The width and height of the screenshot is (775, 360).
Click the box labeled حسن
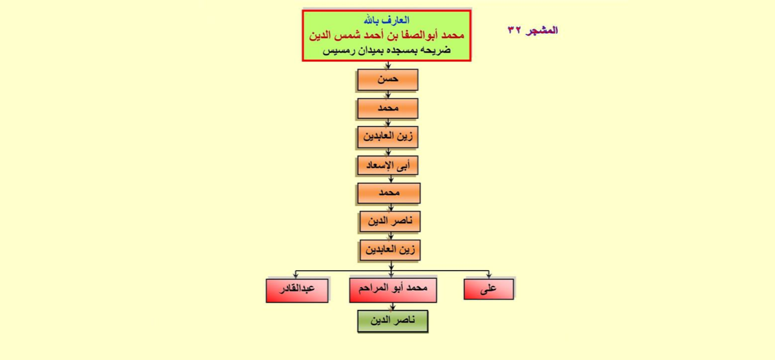[x=387, y=80]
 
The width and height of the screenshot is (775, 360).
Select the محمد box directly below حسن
[x=387, y=109]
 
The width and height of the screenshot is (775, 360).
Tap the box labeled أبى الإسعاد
[x=387, y=165]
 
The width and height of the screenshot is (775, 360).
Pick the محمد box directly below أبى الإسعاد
[x=389, y=193]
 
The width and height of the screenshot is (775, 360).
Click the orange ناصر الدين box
[x=390, y=221]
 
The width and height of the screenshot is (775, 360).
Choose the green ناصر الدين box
[x=393, y=321]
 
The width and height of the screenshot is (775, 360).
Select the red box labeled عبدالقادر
[x=297, y=291]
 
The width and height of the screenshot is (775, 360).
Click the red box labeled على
[x=489, y=289]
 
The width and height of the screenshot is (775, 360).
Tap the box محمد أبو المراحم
[x=393, y=290]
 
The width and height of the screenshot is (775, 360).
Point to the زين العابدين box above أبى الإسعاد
[x=387, y=137]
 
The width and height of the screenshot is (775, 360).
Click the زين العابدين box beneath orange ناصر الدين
[x=390, y=250]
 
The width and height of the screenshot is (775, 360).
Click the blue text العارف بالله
[x=387, y=20]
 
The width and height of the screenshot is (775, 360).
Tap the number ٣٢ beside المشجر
[x=514, y=30]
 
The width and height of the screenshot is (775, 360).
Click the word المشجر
[x=542, y=30]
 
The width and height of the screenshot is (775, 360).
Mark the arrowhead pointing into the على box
[x=489, y=276]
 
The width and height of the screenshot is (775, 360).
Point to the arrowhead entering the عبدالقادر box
[x=296, y=276]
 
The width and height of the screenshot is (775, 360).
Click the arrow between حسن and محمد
[x=388, y=95]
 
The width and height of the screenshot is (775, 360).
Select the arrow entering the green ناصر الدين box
[x=393, y=306]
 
